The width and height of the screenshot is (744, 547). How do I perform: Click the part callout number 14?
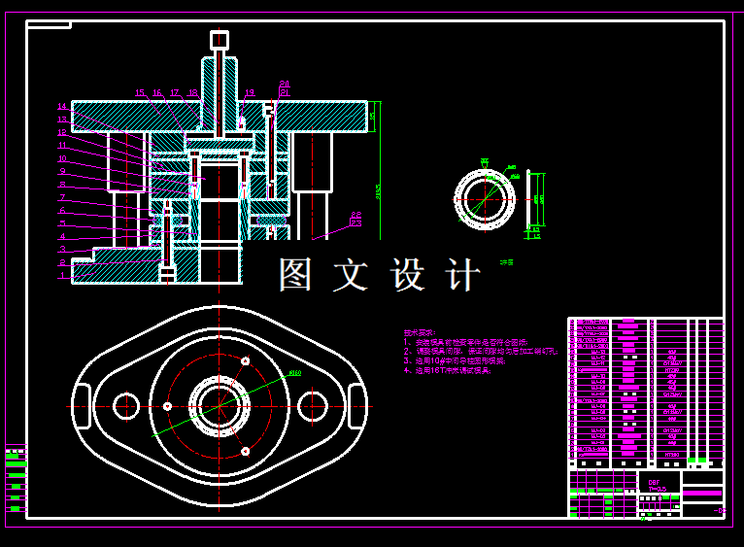[62, 107]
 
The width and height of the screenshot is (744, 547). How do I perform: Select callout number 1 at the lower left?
[62, 276]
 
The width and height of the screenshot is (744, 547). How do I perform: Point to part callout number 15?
[140, 94]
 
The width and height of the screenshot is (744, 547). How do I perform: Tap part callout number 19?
[250, 94]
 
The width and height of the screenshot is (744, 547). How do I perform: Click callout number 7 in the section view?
[62, 197]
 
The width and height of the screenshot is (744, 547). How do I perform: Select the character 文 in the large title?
[351, 275]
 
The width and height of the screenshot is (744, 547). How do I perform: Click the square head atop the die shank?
[220, 40]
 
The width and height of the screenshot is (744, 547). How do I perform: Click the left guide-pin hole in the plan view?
[126, 406]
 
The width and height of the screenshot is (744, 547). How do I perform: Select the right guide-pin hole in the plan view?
[312, 406]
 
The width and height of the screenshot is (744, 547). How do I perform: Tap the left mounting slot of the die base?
[82, 406]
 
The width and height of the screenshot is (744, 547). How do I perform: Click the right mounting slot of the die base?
[356, 406]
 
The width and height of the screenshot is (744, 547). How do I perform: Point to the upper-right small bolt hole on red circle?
[246, 361]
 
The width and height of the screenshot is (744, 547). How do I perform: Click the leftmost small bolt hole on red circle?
[167, 406]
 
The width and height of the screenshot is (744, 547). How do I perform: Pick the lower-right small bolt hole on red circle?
[246, 451]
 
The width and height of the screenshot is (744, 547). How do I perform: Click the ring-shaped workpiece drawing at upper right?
[485, 199]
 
